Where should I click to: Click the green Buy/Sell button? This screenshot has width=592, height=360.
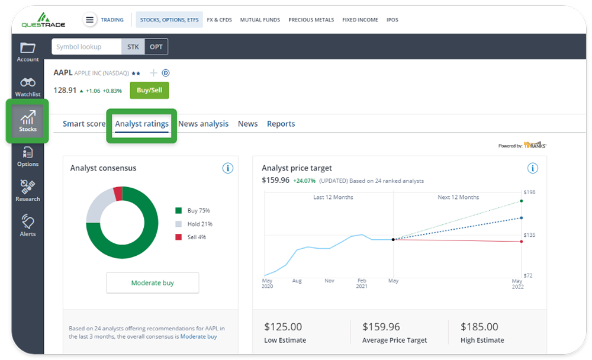click(149, 90)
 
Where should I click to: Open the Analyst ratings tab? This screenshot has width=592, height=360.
click(141, 124)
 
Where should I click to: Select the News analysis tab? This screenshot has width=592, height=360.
click(203, 124)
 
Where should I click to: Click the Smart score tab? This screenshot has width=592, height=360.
click(84, 124)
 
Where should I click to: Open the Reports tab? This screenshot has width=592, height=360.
click(281, 124)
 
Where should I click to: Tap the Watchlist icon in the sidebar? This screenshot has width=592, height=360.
click(28, 86)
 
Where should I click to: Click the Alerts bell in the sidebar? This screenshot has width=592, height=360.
click(28, 225)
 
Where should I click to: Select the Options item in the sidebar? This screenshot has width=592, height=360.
click(28, 156)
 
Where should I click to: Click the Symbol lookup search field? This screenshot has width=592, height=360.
click(86, 47)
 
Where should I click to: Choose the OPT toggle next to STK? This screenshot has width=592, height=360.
click(156, 47)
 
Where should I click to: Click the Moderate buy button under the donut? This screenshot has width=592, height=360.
click(153, 283)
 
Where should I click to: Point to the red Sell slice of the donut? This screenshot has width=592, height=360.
click(118, 194)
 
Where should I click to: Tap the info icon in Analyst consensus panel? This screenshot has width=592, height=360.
click(228, 168)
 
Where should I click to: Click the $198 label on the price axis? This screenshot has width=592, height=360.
click(529, 192)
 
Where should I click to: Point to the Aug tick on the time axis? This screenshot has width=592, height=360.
click(297, 281)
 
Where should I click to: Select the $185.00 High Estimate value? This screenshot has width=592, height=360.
click(479, 326)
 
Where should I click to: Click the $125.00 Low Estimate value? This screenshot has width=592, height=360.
click(283, 326)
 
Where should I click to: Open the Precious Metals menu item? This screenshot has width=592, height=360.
click(311, 20)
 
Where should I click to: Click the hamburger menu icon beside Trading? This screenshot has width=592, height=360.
click(90, 20)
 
